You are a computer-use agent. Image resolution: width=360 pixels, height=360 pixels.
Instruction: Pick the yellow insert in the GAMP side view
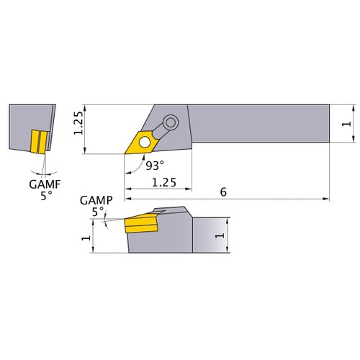pos(140,225)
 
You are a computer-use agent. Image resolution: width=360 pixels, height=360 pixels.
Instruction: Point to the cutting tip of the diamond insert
pos(124,153)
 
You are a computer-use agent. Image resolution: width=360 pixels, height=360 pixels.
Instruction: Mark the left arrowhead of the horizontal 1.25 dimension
pos(128,189)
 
